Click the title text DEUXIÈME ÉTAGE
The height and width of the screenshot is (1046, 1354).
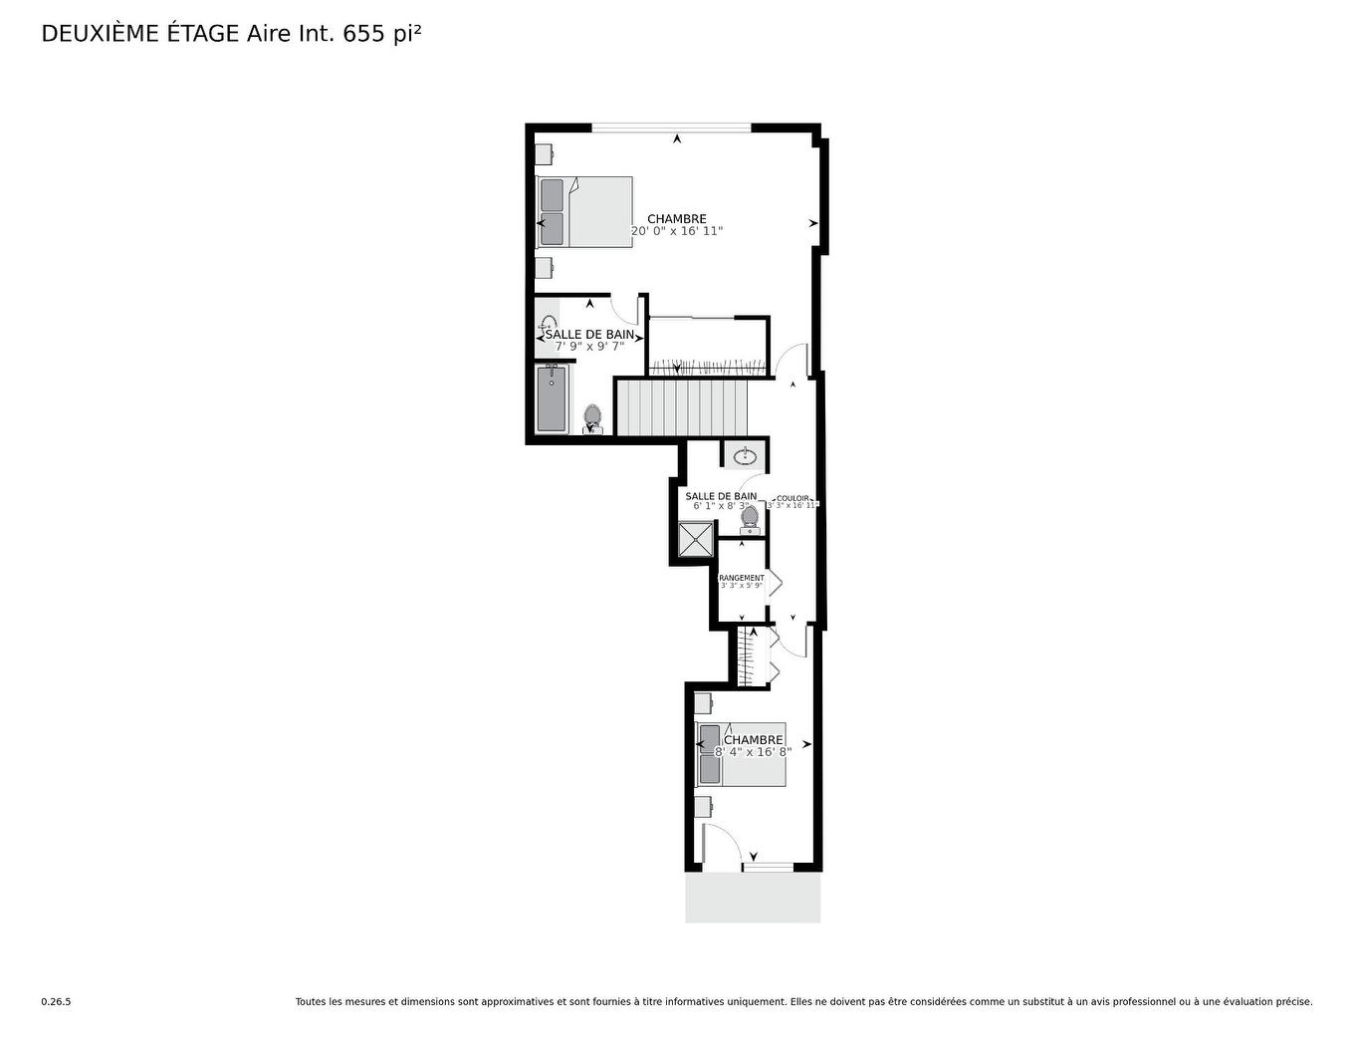139,34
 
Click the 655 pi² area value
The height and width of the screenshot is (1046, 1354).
382,34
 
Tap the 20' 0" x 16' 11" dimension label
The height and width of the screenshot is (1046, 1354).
677,231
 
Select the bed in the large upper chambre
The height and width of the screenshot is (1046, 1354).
585,212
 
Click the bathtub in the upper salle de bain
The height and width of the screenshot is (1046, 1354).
552,398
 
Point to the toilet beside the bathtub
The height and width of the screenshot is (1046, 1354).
593,418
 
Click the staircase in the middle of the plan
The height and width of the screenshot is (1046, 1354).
682,406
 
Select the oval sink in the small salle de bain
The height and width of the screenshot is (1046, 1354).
744,457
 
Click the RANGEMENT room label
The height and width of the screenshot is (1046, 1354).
742,578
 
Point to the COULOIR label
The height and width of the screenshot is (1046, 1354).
793,498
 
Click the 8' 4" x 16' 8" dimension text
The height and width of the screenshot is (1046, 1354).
753,752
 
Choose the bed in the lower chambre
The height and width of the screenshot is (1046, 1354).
742,754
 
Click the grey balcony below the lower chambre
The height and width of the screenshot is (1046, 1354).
753,899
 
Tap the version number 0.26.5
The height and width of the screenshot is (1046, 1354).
56,1002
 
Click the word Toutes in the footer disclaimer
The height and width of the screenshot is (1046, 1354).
311,1002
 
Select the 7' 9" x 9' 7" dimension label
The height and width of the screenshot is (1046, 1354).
589,347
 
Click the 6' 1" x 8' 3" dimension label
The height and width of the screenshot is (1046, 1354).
721,506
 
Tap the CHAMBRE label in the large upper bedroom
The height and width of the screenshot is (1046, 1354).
677,219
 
